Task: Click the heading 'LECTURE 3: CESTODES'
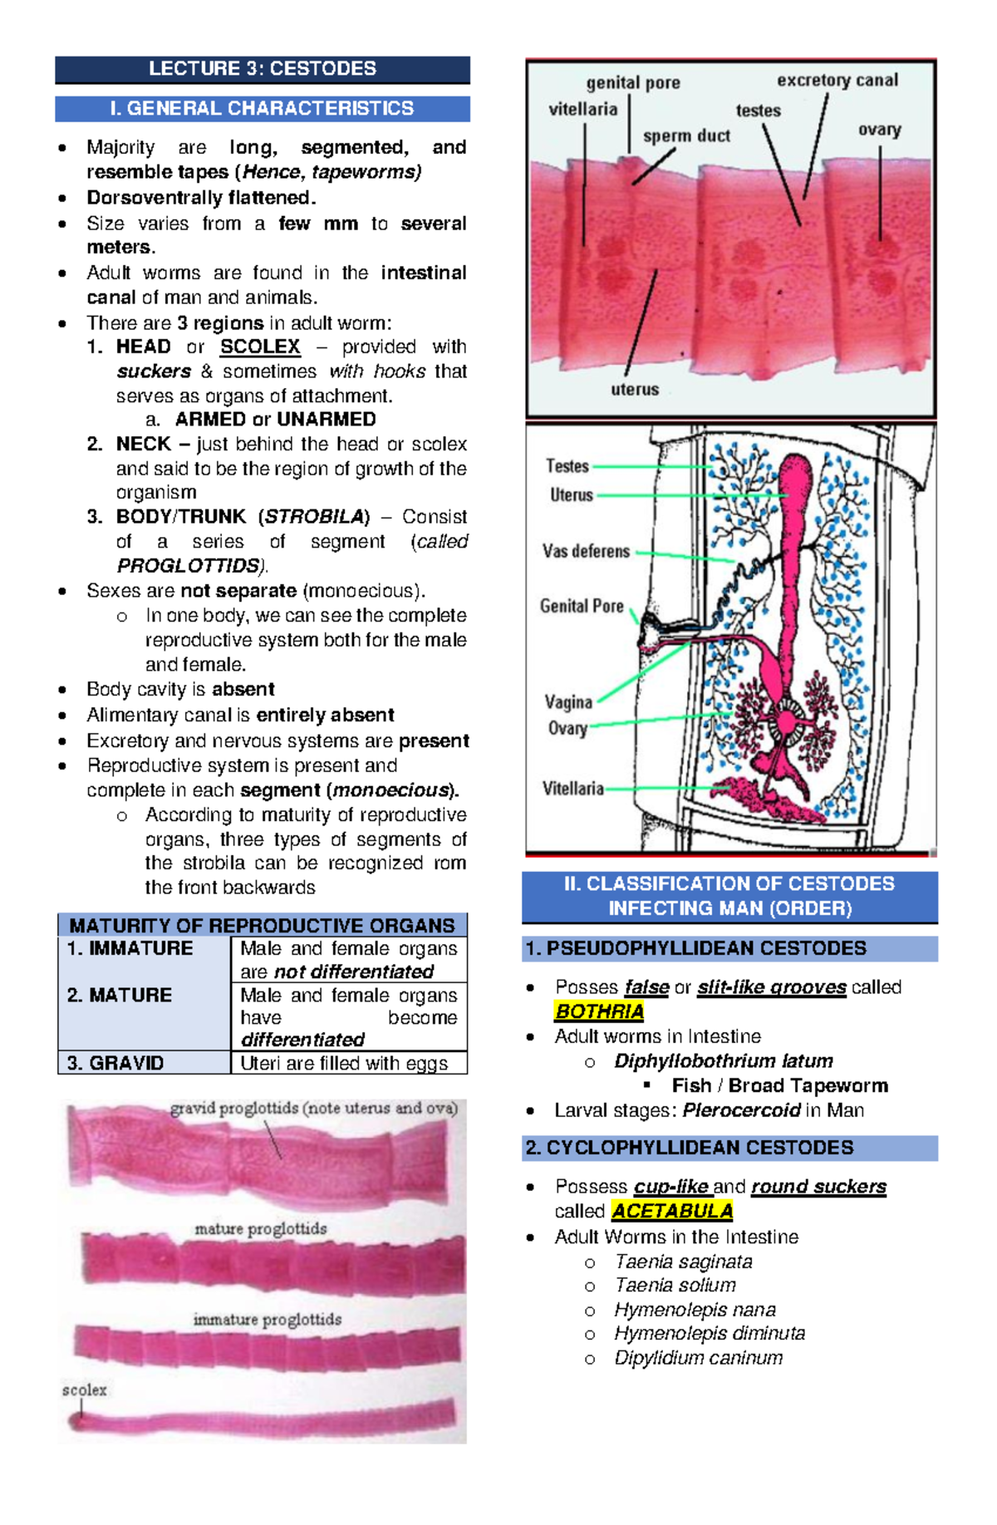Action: pos(262,69)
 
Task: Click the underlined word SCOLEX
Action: pos(260,347)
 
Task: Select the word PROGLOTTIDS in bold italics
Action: pos(188,566)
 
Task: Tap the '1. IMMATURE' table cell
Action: pos(130,949)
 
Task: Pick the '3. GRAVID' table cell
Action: pos(115,1063)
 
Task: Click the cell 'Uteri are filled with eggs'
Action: pos(344,1063)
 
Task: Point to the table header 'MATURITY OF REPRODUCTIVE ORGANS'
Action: pos(262,926)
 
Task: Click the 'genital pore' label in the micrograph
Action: pos(633,83)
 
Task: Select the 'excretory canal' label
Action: pos(837,81)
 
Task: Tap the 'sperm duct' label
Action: pos(686,136)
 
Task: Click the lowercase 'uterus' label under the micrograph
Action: pos(635,389)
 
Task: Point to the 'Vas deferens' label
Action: pos(586,551)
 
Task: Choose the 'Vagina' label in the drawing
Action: pos(568,702)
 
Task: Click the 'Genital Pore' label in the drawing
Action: pos(582,606)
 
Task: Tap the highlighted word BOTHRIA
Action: pos(599,1011)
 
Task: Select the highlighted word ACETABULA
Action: pos(671,1211)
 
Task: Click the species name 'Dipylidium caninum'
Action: pos(698,1358)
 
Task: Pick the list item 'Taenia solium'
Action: pos(675,1286)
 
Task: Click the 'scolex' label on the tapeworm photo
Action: pos(84,1390)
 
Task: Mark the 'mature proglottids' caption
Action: pos(260,1228)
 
